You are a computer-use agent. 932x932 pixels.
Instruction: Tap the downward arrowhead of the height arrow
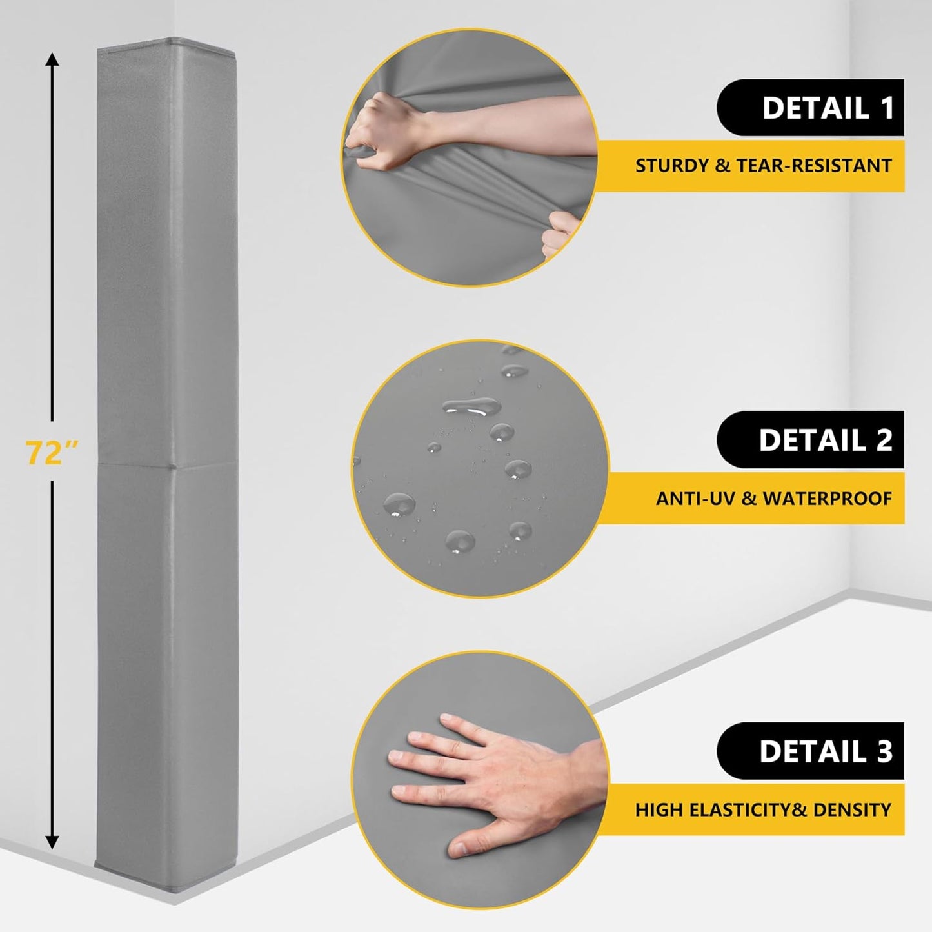click(52, 841)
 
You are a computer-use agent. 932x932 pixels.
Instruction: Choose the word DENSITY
click(852, 809)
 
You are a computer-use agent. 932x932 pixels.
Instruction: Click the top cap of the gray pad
click(166, 43)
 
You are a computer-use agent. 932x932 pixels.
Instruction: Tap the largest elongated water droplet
click(471, 407)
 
